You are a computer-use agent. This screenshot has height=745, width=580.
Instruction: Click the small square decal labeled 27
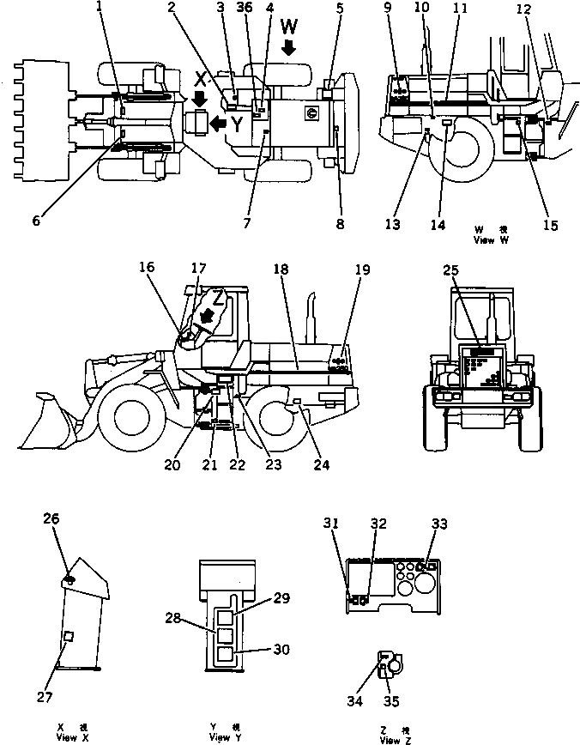coord(68,635)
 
